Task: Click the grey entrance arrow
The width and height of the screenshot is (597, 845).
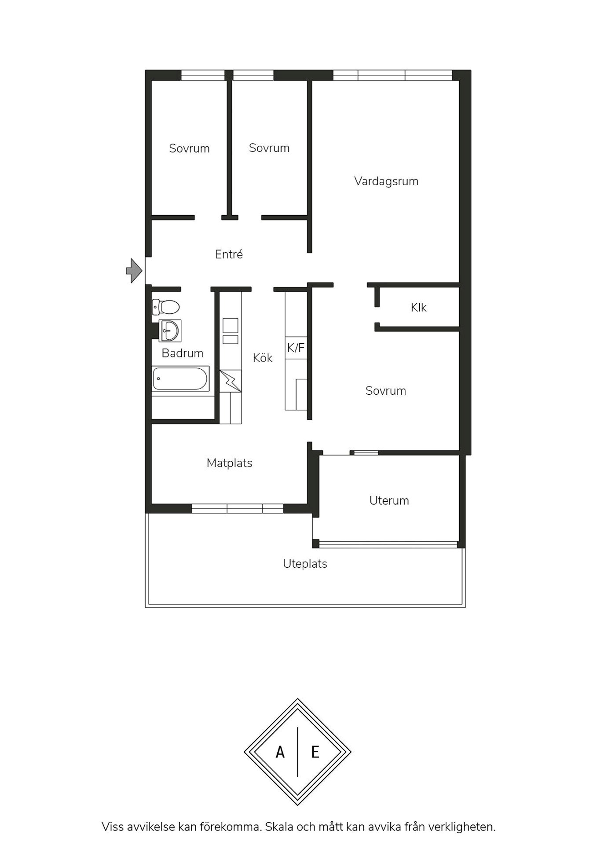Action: point(134,270)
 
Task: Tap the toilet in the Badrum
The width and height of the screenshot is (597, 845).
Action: point(165,307)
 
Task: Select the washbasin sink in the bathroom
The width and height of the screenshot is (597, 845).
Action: point(170,331)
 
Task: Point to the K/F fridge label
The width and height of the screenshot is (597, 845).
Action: point(296,348)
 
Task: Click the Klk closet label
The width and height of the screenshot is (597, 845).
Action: point(418,307)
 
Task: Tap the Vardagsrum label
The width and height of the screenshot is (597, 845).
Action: point(386,181)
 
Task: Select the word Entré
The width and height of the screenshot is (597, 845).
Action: point(229,254)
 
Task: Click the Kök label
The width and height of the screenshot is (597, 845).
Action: point(263,358)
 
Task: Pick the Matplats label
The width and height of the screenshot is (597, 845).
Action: point(229,463)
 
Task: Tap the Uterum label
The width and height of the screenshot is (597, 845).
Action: point(389,500)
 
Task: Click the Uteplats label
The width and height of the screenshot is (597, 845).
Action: point(305,564)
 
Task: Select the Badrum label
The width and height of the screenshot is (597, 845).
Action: point(182,353)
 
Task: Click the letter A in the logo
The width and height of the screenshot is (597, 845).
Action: point(280,753)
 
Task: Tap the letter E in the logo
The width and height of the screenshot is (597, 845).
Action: point(315,753)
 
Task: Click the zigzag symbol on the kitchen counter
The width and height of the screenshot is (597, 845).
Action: point(231,381)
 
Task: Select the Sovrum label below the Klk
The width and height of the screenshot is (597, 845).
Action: point(385,391)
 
